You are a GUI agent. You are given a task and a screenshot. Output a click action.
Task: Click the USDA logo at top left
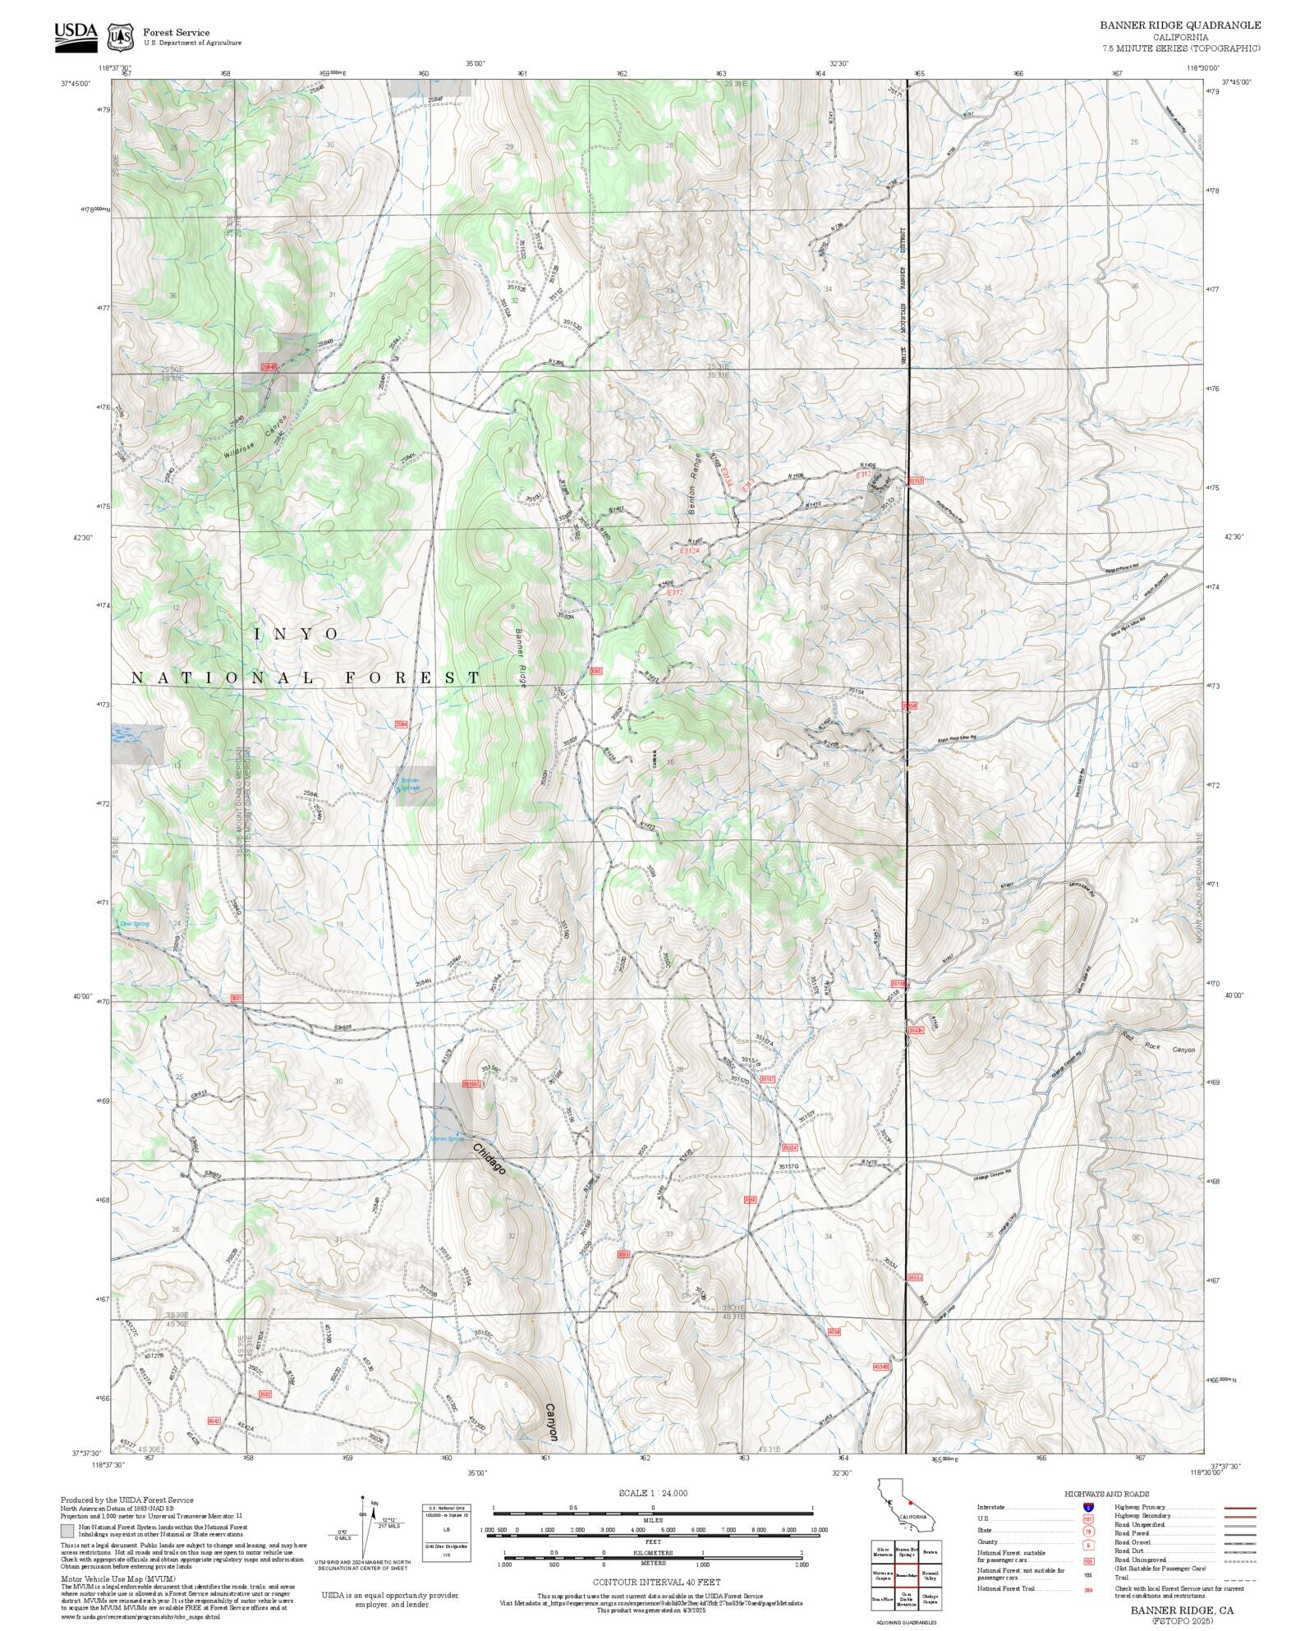(x=76, y=37)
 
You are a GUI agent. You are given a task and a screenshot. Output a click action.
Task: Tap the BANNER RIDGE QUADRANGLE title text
(x=1180, y=25)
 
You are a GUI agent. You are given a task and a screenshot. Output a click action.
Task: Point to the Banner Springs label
(x=409, y=783)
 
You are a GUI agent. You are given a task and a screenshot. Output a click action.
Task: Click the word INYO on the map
(x=296, y=634)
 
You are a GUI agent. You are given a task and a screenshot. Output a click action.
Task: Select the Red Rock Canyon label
(x=1159, y=1050)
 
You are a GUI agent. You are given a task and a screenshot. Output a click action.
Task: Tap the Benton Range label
(x=695, y=484)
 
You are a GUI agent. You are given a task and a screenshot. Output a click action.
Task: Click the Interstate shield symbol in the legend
(x=1089, y=1508)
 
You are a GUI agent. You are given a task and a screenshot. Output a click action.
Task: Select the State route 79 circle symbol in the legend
(x=1089, y=1532)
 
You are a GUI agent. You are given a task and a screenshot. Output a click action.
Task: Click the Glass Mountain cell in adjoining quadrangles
(x=883, y=1552)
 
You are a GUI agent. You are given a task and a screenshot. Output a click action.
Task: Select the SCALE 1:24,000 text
(x=653, y=1493)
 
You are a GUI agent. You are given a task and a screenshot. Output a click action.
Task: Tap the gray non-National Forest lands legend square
(x=67, y=1531)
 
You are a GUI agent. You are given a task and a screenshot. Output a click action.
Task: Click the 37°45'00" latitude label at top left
(x=76, y=82)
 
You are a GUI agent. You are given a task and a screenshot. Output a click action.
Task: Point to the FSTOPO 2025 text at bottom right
(x=1182, y=1621)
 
